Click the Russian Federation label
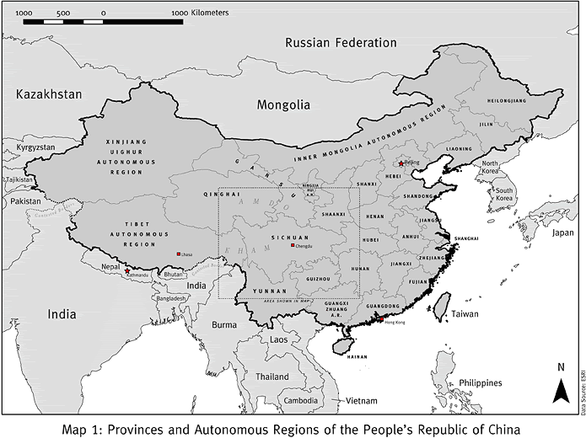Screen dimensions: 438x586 tap(340, 43)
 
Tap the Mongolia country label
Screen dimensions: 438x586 tap(283, 106)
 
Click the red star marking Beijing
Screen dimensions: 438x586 tap(401, 163)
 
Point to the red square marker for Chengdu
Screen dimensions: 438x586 tap(292, 245)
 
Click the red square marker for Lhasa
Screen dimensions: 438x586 tap(178, 254)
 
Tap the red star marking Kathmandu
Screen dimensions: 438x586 tap(126, 271)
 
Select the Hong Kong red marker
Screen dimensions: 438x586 tap(381, 321)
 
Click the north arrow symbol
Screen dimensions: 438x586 tap(559, 390)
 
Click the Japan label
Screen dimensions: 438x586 tap(562, 232)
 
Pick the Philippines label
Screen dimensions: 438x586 tap(481, 382)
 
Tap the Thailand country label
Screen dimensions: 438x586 tap(272, 377)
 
